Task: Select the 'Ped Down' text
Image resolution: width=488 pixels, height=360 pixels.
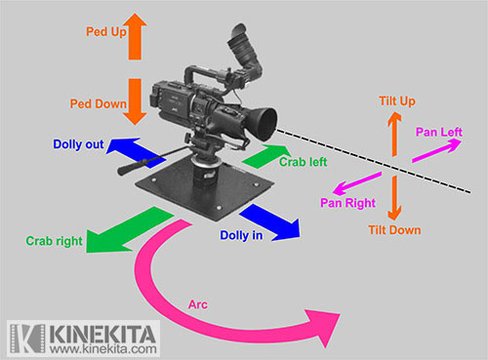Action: point(102,102)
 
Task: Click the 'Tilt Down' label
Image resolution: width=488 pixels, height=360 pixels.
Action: point(394,229)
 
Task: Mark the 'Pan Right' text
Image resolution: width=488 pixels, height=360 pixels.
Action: point(346,202)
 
